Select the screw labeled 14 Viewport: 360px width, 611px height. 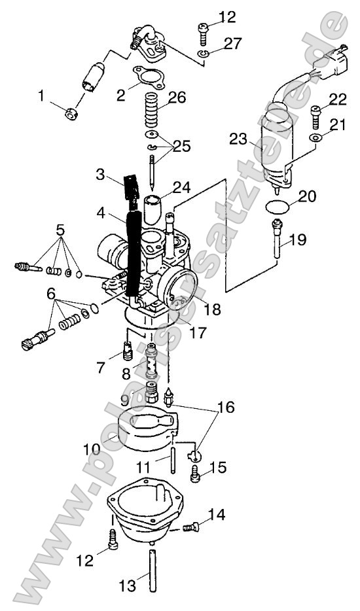point(191,525)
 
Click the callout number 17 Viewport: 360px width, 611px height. point(197,333)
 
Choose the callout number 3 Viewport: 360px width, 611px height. point(101,175)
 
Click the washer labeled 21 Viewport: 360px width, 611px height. point(315,139)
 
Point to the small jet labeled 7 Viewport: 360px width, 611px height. point(127,353)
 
